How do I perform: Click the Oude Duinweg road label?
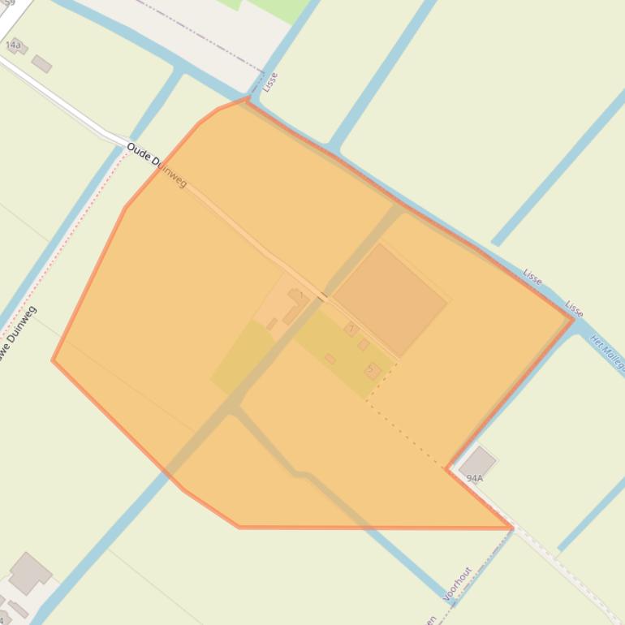pos(157,166)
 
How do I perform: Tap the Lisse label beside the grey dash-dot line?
pos(271,81)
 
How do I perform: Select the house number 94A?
pos(474,479)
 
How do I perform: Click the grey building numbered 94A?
pos(477,461)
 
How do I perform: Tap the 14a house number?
pos(12,45)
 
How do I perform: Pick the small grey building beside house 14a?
pos(41,63)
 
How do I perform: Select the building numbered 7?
pos(373,371)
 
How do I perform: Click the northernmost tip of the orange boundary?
pos(247,99)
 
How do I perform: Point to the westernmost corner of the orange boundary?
pos(53,360)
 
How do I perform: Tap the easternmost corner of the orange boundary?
pos(573,319)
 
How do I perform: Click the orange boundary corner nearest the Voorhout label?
pos(511,528)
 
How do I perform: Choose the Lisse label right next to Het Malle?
pos(574,309)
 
